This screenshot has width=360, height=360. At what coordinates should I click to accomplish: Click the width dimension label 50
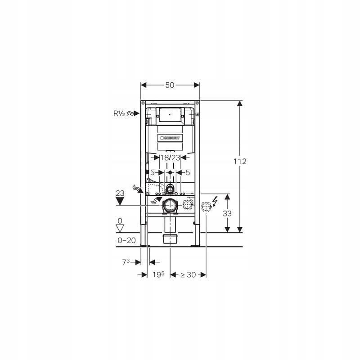tap(170, 85)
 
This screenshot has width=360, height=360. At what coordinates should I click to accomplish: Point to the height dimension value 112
tap(240, 162)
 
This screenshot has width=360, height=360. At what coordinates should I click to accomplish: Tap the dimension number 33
tap(227, 214)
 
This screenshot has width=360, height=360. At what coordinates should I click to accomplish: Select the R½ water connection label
tap(119, 113)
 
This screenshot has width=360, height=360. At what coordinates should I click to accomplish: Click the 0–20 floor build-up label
tap(126, 240)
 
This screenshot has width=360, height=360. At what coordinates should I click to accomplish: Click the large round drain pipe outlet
tap(170, 206)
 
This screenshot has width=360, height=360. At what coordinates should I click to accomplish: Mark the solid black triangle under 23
tap(120, 202)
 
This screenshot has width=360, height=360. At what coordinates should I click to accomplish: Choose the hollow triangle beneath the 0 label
tap(120, 229)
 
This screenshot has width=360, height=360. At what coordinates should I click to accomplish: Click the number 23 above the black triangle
tap(120, 193)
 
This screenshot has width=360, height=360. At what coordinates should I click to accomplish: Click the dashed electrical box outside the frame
tap(205, 207)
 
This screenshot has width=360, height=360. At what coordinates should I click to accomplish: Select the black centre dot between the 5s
tap(170, 173)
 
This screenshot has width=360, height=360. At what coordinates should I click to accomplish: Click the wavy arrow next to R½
tap(132, 113)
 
